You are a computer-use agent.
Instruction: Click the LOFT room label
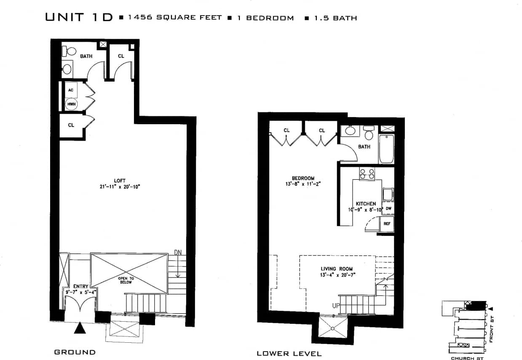click(x=120, y=181)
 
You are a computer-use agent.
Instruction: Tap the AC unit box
click(x=71, y=90)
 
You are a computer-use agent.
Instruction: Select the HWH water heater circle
click(x=71, y=104)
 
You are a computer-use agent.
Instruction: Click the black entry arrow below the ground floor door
click(x=80, y=328)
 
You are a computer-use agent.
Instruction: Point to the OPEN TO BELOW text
click(x=126, y=280)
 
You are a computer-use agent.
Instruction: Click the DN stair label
click(x=178, y=253)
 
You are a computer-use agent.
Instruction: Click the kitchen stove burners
click(x=367, y=173)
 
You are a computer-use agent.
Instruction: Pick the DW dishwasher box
click(x=388, y=208)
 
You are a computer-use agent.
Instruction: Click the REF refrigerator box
click(x=387, y=224)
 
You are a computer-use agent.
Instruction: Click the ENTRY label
click(x=80, y=286)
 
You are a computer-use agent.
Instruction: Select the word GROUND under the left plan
click(x=75, y=352)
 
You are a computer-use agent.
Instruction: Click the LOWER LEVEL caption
click(x=289, y=354)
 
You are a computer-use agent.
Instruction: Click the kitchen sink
click(x=387, y=195)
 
